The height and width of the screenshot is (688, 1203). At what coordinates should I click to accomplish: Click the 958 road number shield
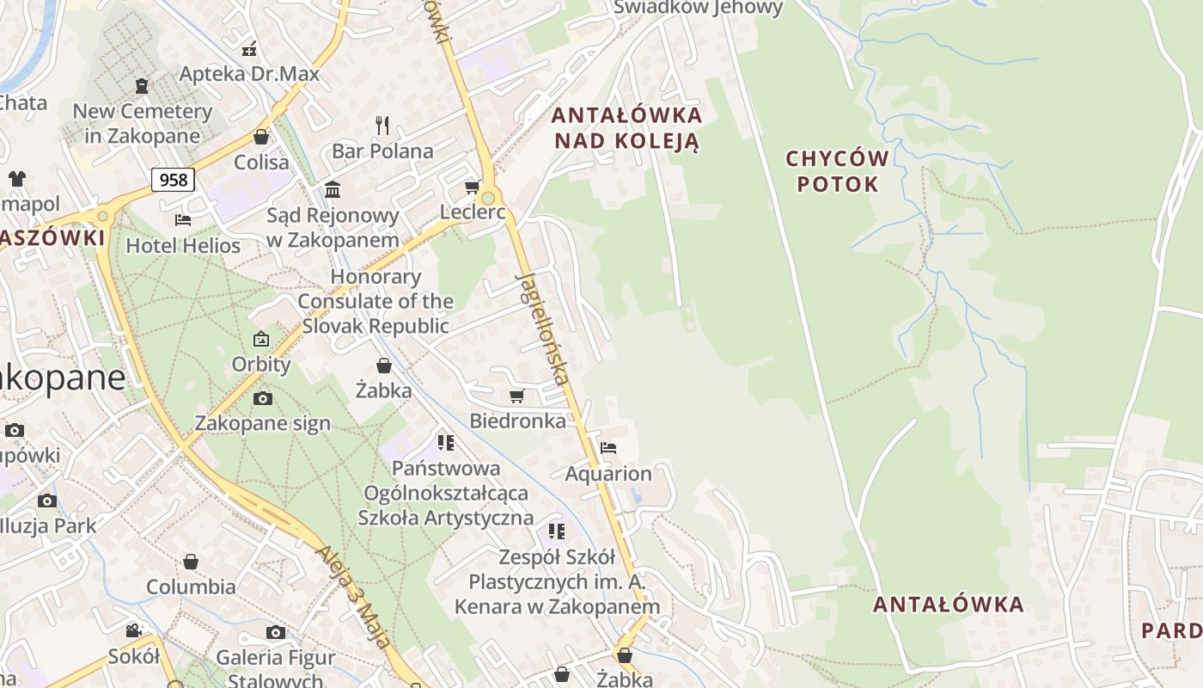coord(174,180)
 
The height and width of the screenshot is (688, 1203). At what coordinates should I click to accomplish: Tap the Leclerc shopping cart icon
coord(471,187)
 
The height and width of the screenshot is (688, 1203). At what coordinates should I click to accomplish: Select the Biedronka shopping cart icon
coord(516,396)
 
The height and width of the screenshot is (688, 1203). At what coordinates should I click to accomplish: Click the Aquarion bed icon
coord(608,448)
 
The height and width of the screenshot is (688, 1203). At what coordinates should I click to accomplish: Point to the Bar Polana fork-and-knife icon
coord(382,126)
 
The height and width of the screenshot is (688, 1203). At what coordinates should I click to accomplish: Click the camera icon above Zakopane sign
coord(262,398)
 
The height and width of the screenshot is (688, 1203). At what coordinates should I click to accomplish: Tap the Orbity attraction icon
coord(261,339)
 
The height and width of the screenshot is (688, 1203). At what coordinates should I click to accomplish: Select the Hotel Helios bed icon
coord(182,220)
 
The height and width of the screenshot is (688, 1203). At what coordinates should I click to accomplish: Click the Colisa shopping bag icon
coord(261,137)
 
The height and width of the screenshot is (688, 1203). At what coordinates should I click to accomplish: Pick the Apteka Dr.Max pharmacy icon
coord(249,48)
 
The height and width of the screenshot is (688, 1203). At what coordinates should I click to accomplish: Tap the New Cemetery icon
coord(142,86)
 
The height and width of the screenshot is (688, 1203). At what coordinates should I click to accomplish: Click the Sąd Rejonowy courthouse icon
coord(333,189)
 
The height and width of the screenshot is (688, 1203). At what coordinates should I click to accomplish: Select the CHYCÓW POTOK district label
coord(838,170)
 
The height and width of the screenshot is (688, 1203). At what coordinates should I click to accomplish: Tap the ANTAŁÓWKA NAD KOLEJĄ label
coord(626,127)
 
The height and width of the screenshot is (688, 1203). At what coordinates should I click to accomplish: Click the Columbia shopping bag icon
coord(191,562)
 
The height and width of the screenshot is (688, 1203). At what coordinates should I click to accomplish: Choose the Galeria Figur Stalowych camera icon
coord(275,633)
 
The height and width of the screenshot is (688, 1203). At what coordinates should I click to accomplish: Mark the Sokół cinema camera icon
coord(134,631)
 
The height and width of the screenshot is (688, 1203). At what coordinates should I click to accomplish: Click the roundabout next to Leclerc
coord(488,198)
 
